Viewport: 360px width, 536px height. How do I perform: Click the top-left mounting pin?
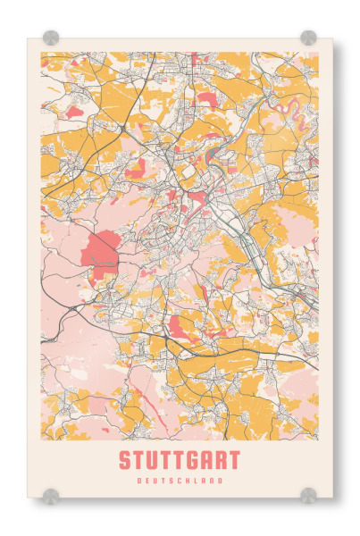click(x=51, y=38)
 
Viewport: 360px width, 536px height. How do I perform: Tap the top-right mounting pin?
click(x=308, y=38)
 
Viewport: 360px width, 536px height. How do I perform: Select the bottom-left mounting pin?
click(x=51, y=494)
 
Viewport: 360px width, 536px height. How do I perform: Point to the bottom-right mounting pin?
click(x=308, y=494)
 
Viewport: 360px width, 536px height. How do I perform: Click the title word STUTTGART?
click(x=179, y=461)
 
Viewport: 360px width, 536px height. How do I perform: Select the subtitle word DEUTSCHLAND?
click(x=179, y=481)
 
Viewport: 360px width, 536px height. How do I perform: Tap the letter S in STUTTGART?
click(x=124, y=461)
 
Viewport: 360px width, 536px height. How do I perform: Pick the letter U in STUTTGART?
click(x=152, y=461)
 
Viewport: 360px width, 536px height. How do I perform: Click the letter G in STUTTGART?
click(x=193, y=461)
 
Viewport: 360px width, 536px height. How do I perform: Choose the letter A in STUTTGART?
click(x=207, y=461)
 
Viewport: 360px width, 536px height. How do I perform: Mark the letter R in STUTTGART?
click(x=221, y=461)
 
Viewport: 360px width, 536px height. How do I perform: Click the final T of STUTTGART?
click(x=234, y=461)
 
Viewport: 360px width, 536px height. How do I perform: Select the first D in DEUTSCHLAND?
click(x=140, y=481)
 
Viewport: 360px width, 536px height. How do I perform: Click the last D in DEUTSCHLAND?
click(x=219, y=481)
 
